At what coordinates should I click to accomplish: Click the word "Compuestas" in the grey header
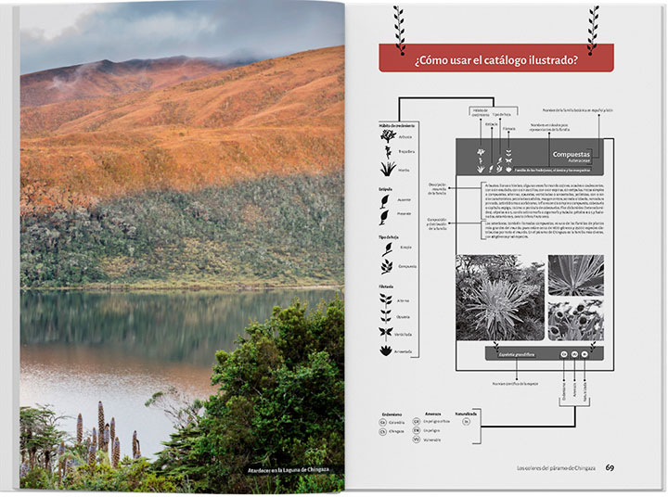pyautogui.click(x=572, y=154)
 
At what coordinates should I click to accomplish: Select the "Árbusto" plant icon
pyautogui.click(x=388, y=136)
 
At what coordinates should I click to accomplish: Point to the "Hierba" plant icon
pyautogui.click(x=388, y=170)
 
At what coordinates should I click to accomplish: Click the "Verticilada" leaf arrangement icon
pyautogui.click(x=386, y=333)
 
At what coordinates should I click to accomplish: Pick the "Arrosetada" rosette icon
pyautogui.click(x=386, y=350)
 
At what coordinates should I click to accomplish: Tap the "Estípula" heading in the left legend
pyautogui.click(x=386, y=188)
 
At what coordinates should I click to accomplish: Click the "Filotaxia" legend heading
pyautogui.click(x=387, y=287)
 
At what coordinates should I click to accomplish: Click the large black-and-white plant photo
pyautogui.click(x=499, y=297)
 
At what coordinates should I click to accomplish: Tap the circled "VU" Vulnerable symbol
pyautogui.click(x=427, y=439)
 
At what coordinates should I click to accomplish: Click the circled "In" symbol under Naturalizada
pyautogui.click(x=467, y=421)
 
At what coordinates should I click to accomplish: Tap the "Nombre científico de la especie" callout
pyautogui.click(x=516, y=382)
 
